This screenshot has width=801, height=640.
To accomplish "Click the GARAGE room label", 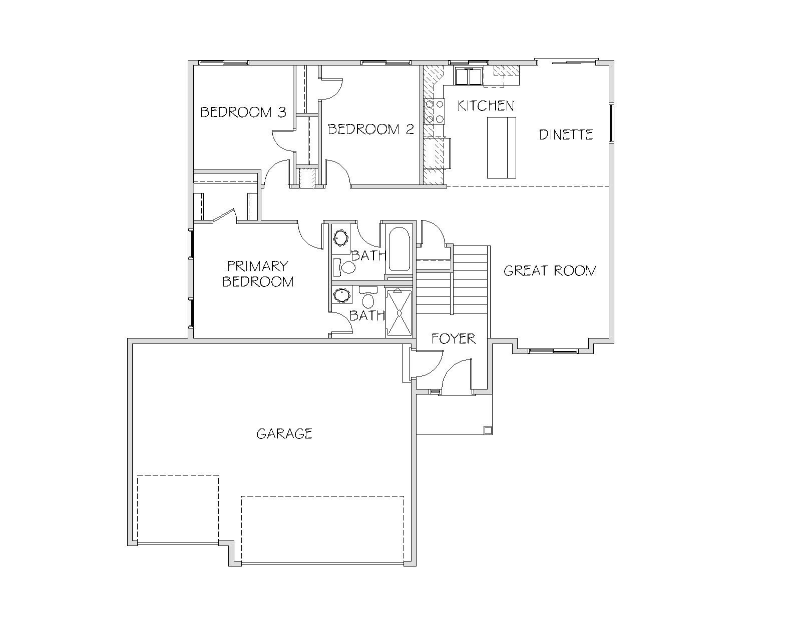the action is pos(284,433).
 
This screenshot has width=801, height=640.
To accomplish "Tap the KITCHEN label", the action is pos(486,106).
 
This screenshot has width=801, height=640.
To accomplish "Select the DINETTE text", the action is pos(566,134).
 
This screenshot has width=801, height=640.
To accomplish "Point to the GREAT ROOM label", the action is pos(550,270).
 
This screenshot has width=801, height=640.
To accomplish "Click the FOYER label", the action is pos(454,338).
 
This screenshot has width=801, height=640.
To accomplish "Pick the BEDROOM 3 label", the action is pos(243,112).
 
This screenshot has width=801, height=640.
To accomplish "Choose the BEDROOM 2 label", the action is pos(371,129).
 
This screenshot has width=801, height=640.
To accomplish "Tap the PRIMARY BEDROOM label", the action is pos(258,273).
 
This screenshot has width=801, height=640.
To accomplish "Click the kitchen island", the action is pos(501,147).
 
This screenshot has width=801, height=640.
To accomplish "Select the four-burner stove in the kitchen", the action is pos(434,111).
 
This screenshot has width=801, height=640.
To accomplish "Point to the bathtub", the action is pos(399,249).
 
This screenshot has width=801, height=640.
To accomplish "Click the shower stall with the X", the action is pos(399,312).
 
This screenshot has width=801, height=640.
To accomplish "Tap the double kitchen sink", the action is pos(469,76).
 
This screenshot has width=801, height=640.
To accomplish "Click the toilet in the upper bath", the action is pos(345,267).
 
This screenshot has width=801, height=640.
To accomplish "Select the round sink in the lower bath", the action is pos(342,295).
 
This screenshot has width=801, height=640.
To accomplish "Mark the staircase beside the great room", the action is pos(452,279).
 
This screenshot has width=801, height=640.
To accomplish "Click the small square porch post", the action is pos(488,430).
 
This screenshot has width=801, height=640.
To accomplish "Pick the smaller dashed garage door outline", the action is pos(178,509).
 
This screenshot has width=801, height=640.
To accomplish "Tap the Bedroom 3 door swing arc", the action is pos(282,141).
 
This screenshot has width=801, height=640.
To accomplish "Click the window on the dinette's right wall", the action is pos(611,123).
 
